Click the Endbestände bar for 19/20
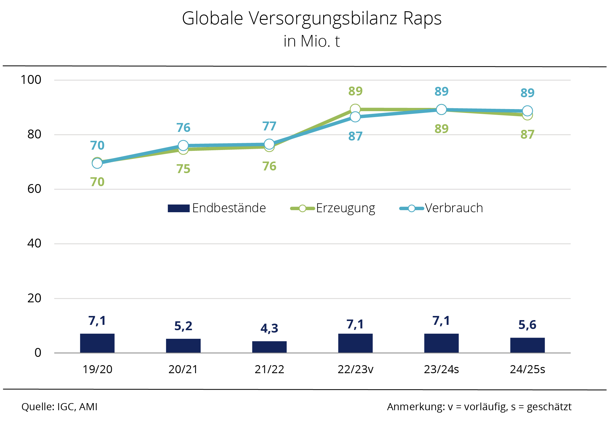(97, 343)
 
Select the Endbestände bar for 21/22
(269, 347)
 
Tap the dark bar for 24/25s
(527, 345)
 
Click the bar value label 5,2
(183, 326)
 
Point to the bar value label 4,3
(269, 328)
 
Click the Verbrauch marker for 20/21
(183, 146)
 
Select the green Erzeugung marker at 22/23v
(355, 109)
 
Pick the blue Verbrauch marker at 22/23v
(355, 117)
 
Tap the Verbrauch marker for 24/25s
(527, 111)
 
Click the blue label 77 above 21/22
(269, 126)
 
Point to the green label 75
(183, 169)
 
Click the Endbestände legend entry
(217, 208)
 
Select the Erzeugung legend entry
(333, 208)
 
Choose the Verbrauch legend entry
(441, 208)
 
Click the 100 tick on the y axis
(31, 80)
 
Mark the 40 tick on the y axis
(34, 243)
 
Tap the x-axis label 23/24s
(441, 369)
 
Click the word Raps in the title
(422, 18)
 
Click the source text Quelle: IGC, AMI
(59, 407)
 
